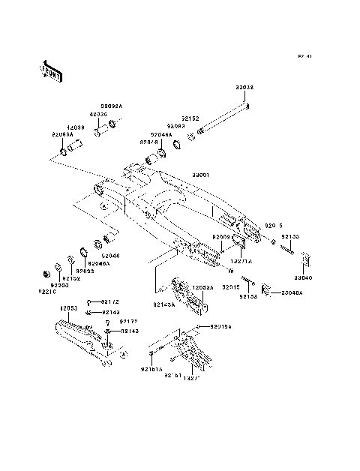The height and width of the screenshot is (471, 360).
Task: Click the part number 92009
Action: point(221,237)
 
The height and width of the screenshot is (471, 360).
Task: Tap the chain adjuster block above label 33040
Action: point(304,259)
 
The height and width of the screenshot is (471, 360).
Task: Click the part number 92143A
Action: point(164,305)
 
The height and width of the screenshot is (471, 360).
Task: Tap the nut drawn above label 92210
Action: point(47,270)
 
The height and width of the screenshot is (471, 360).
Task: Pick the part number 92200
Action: point(59,285)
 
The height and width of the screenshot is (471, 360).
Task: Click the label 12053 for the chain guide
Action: point(69,308)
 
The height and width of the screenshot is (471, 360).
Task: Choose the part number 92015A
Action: point(220,327)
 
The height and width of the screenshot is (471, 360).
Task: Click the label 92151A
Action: point(150,369)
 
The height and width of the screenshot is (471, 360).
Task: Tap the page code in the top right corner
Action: point(304,55)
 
